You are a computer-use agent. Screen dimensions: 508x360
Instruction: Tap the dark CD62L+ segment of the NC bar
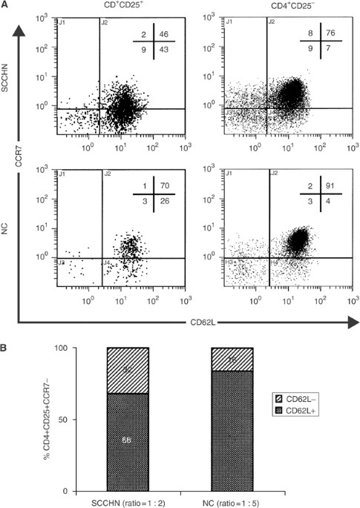pos(212,431)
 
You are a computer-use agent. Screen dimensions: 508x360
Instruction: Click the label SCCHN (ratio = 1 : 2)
pos(128,501)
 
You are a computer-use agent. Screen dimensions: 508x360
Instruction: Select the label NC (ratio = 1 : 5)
pos(212,501)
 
